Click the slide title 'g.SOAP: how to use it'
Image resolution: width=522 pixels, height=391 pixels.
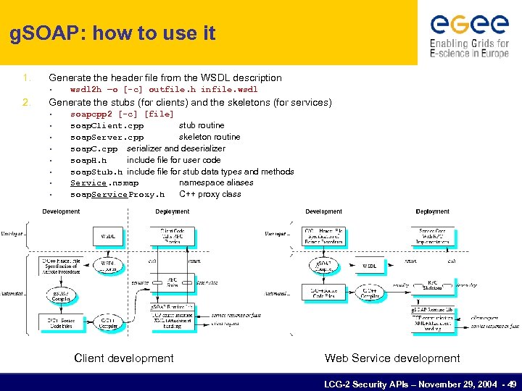113,34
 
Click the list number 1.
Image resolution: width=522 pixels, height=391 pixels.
25,77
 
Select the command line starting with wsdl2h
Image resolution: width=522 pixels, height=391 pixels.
164,90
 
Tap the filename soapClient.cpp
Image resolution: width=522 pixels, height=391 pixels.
107,125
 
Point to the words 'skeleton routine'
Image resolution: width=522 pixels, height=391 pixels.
210,137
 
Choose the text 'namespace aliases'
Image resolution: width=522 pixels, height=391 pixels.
216,182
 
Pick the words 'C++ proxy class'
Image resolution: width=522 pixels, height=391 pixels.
210,194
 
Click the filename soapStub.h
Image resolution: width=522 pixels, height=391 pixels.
96,172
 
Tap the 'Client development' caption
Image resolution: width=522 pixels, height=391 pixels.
124,358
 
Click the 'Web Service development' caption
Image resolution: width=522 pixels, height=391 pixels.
392,358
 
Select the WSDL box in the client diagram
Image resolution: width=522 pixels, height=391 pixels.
107,236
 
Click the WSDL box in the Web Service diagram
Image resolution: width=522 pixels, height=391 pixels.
370,266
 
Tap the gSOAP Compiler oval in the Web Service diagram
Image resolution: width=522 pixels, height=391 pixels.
324,266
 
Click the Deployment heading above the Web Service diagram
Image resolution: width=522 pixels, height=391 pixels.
432,211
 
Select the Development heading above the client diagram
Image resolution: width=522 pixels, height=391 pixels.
62,211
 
